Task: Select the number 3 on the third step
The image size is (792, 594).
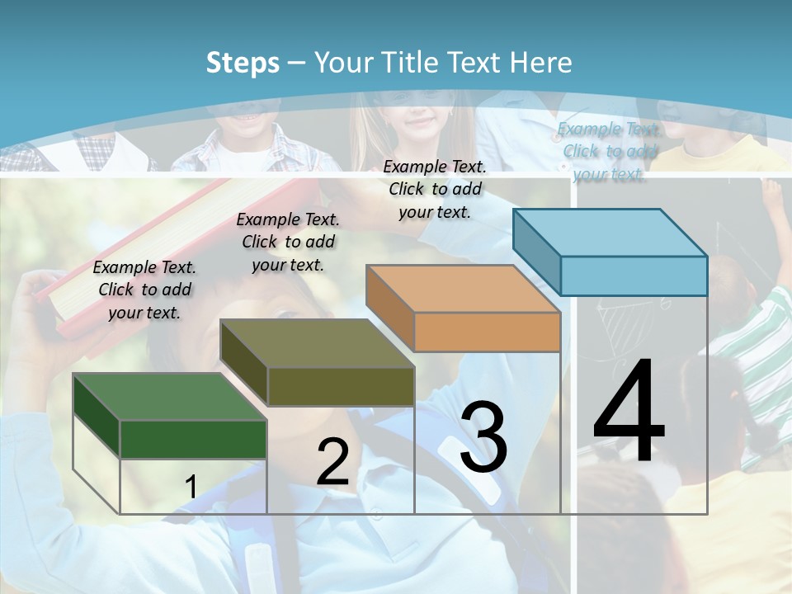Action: (x=483, y=437)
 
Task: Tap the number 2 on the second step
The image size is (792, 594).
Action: (x=332, y=462)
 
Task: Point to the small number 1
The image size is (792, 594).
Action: (x=191, y=487)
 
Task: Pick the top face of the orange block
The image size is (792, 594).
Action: (x=463, y=289)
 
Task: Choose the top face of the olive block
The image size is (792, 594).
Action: (x=317, y=343)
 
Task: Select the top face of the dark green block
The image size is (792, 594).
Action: (x=170, y=397)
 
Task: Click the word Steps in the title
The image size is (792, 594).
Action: (x=243, y=63)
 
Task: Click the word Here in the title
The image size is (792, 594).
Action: (x=541, y=63)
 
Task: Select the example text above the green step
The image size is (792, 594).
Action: (x=144, y=290)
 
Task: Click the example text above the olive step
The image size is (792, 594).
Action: (x=288, y=242)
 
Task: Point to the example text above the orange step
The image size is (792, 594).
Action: (x=435, y=189)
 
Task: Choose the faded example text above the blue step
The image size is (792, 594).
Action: (x=608, y=151)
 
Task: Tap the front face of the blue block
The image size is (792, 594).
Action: (x=634, y=276)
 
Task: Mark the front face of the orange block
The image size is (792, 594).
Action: (x=487, y=332)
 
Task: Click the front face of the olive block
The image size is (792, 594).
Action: (x=341, y=386)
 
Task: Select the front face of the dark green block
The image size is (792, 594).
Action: (x=193, y=439)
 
